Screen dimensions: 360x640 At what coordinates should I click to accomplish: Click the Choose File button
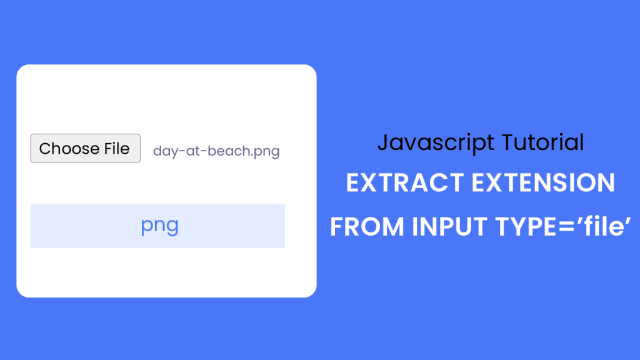pyautogui.click(x=85, y=149)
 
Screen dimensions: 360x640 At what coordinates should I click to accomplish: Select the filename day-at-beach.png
pyautogui.click(x=216, y=151)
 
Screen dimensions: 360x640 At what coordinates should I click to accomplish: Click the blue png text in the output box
pyautogui.click(x=159, y=226)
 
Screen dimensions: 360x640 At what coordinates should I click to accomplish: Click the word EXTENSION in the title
pyautogui.click(x=542, y=183)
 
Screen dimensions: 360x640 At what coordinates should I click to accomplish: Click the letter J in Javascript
pyautogui.click(x=382, y=143)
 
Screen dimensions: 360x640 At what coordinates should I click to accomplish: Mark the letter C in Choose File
pyautogui.click(x=45, y=149)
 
